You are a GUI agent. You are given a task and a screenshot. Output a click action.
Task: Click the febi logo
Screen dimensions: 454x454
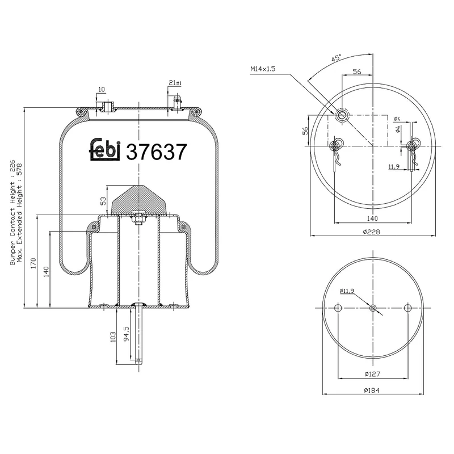(x=106, y=150)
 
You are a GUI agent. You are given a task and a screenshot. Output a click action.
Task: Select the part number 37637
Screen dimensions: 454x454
(x=156, y=152)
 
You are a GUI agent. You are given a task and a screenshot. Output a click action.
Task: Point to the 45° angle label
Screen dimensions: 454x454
(x=337, y=58)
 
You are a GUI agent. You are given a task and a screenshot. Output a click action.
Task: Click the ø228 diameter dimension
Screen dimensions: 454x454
(x=372, y=231)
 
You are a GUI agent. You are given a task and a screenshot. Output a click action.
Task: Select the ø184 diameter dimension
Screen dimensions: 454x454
(x=372, y=390)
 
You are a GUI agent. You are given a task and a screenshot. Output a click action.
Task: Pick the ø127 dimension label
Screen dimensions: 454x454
(x=372, y=374)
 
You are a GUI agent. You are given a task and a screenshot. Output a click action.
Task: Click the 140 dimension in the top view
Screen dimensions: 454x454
(x=372, y=218)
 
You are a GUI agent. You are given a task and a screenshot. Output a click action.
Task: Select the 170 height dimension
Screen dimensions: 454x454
(x=33, y=262)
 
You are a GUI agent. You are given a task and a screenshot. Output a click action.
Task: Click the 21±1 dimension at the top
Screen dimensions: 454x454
(x=175, y=83)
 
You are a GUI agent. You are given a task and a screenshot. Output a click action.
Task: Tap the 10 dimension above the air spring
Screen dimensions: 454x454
(x=101, y=90)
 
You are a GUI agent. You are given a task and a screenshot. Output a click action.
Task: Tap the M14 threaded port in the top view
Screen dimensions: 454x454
(x=342, y=115)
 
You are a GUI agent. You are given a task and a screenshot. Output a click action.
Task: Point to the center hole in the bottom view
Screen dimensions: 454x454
(x=373, y=308)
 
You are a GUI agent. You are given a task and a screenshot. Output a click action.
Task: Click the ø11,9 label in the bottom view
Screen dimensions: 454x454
(x=348, y=291)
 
